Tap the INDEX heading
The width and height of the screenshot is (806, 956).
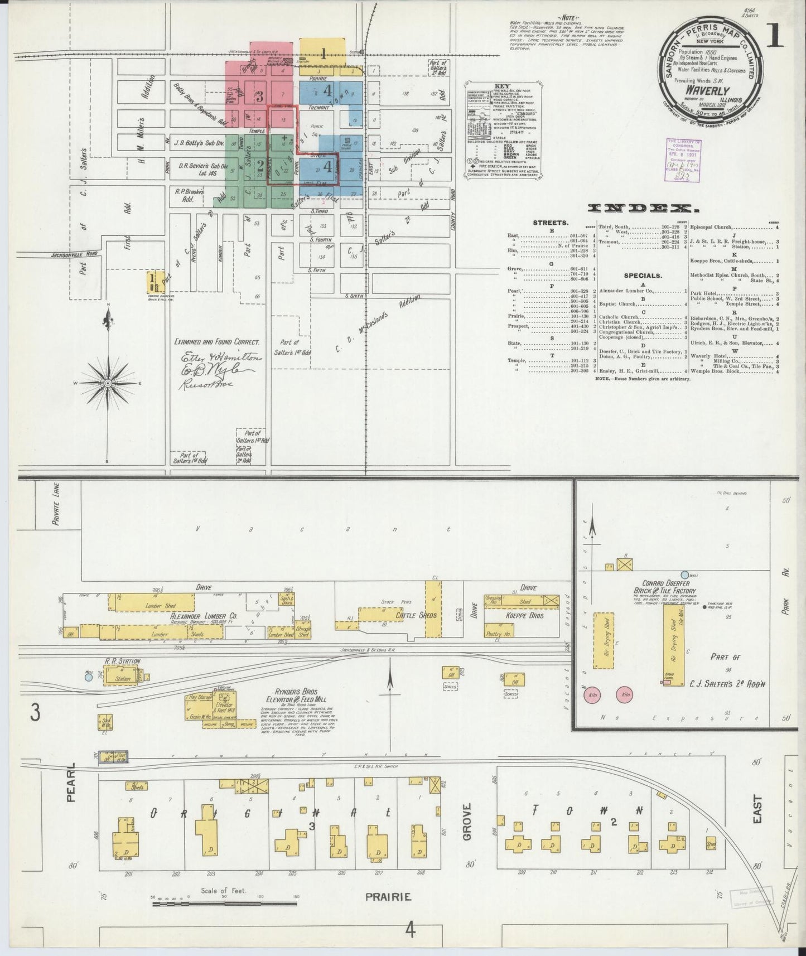tap(643, 209)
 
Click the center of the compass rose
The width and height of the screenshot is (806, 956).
tap(108, 384)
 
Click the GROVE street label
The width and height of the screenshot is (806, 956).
tap(467, 821)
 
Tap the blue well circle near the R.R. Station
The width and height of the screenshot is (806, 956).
tap(88, 677)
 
